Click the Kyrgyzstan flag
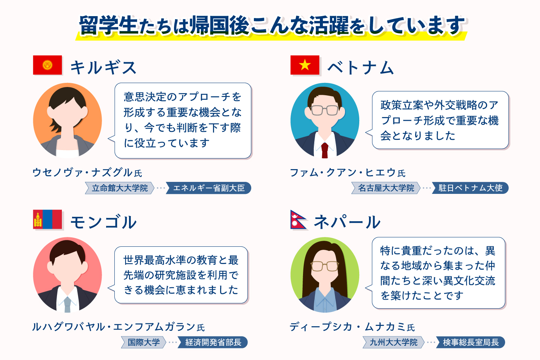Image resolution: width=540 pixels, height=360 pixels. pos(48,65)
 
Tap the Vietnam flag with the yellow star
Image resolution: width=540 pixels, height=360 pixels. pos(305,65)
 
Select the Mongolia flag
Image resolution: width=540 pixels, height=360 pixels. pos(48,219)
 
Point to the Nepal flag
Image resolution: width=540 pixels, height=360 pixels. pos(298,219)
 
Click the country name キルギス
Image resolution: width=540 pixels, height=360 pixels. pos(103,67)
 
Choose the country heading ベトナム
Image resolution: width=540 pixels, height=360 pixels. pos(361,67)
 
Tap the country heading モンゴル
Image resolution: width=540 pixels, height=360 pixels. pos(103,222)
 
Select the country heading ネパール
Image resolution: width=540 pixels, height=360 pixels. pos(347,222)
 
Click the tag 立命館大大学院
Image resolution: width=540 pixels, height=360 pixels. pos(120,188)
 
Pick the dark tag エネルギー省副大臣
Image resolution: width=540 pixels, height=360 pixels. pos(208,188)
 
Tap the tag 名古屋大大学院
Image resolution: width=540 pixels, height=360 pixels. pos(386,188)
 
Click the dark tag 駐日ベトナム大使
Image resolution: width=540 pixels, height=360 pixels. pos(470,188)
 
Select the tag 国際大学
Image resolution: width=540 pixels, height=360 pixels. pos(144,342)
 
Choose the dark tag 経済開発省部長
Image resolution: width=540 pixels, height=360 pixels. pos(213,342)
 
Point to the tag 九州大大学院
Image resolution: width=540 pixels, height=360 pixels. pos(393,342)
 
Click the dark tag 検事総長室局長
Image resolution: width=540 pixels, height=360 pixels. pos(471,342)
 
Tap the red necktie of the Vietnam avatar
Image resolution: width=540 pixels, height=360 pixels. pos(325,150)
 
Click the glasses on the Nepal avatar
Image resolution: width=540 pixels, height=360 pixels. pos(325,266)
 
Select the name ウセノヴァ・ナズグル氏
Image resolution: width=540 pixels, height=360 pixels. pos(87,172)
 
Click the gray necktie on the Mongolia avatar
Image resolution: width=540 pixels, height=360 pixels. pos(67,304)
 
